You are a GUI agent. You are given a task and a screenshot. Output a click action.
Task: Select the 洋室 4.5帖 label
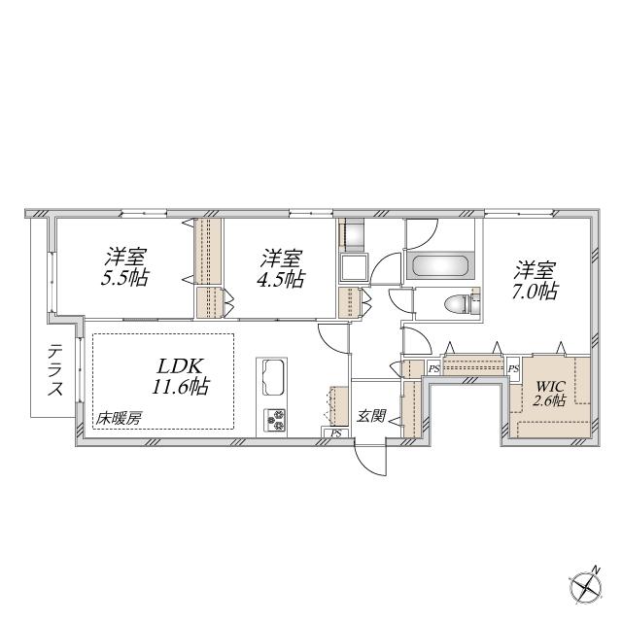(x=282, y=269)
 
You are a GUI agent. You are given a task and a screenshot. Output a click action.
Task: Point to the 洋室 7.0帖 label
(x=535, y=281)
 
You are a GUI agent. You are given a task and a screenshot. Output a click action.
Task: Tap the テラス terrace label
(x=55, y=370)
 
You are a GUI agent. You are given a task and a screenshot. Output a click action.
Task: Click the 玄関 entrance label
(x=370, y=416)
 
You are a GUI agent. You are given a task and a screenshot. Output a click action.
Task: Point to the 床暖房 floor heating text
(x=119, y=419)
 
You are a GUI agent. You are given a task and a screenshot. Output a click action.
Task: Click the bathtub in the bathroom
(x=439, y=265)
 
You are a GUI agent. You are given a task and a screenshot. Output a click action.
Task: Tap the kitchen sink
(x=274, y=377)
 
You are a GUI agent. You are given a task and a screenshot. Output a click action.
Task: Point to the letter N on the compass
(x=596, y=570)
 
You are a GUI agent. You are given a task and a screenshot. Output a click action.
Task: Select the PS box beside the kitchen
(x=335, y=432)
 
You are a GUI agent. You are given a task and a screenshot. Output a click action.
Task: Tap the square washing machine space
(x=354, y=268)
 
